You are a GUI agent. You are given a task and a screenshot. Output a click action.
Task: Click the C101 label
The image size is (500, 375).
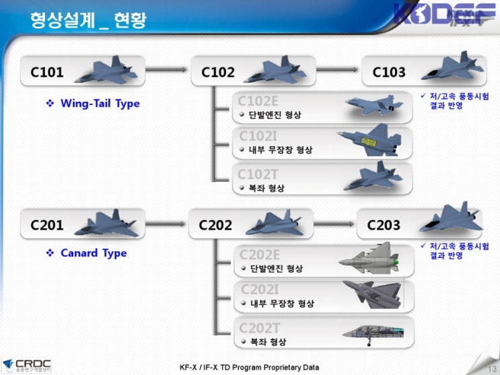pos(47,72)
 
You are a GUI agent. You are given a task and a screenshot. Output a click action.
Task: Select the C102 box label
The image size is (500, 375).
pos(218,72)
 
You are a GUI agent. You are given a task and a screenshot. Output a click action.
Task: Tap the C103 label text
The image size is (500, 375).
pos(389,72)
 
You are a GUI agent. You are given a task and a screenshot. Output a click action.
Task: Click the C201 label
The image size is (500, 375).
pos(47,225)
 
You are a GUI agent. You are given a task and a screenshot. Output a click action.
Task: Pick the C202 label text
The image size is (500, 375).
pos(215,225)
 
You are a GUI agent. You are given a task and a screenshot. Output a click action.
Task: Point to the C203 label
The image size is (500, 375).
pos(384,225)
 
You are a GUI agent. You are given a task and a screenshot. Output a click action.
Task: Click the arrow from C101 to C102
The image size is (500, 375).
pos(166,69)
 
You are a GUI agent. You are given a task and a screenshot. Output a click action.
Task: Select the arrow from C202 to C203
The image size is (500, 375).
pos(334,222)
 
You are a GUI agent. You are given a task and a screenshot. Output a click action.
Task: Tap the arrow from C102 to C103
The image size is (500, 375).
pos(338,69)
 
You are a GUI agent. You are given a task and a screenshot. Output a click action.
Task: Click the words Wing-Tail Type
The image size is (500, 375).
pos(100,104)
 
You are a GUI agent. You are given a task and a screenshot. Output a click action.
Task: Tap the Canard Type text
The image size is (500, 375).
pos(94,253)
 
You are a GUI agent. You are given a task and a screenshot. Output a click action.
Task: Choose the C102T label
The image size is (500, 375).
pos(258,174)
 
